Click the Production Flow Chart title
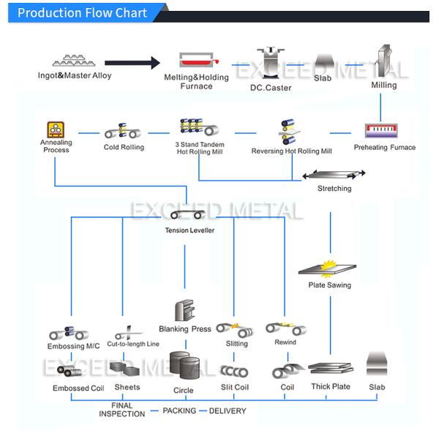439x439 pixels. tap(82, 13)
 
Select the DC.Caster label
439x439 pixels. tap(270, 88)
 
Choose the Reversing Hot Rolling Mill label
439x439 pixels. tap(291, 151)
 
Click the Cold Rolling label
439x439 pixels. tap(124, 147)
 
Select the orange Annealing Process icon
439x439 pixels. tap(56, 130)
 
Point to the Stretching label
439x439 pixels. tap(334, 189)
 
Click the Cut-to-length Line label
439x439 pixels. tap(133, 344)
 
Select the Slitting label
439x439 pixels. tap(236, 343)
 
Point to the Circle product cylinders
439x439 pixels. tap(183, 365)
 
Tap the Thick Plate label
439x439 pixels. tap(331, 386)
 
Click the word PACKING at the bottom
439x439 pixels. tap(179, 410)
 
